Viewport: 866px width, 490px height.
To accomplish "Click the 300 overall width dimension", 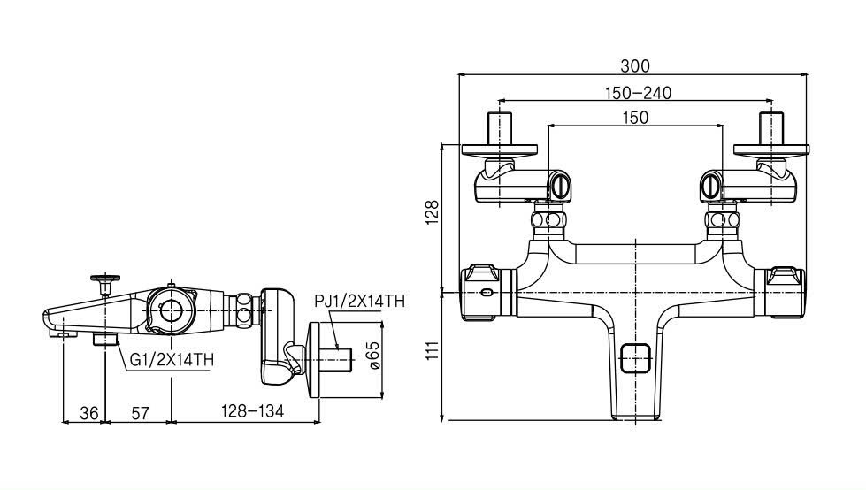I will click(634, 65).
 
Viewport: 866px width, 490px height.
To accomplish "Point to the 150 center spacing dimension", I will click(634, 118).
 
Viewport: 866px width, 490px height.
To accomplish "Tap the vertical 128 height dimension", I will click(432, 214).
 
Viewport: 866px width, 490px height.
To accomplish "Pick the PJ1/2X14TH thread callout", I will click(360, 302).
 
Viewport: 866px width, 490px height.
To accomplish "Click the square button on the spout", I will click(634, 359).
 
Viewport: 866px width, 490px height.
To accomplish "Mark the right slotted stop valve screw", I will click(710, 186).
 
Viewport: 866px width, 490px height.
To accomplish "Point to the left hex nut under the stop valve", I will click(548, 219).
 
